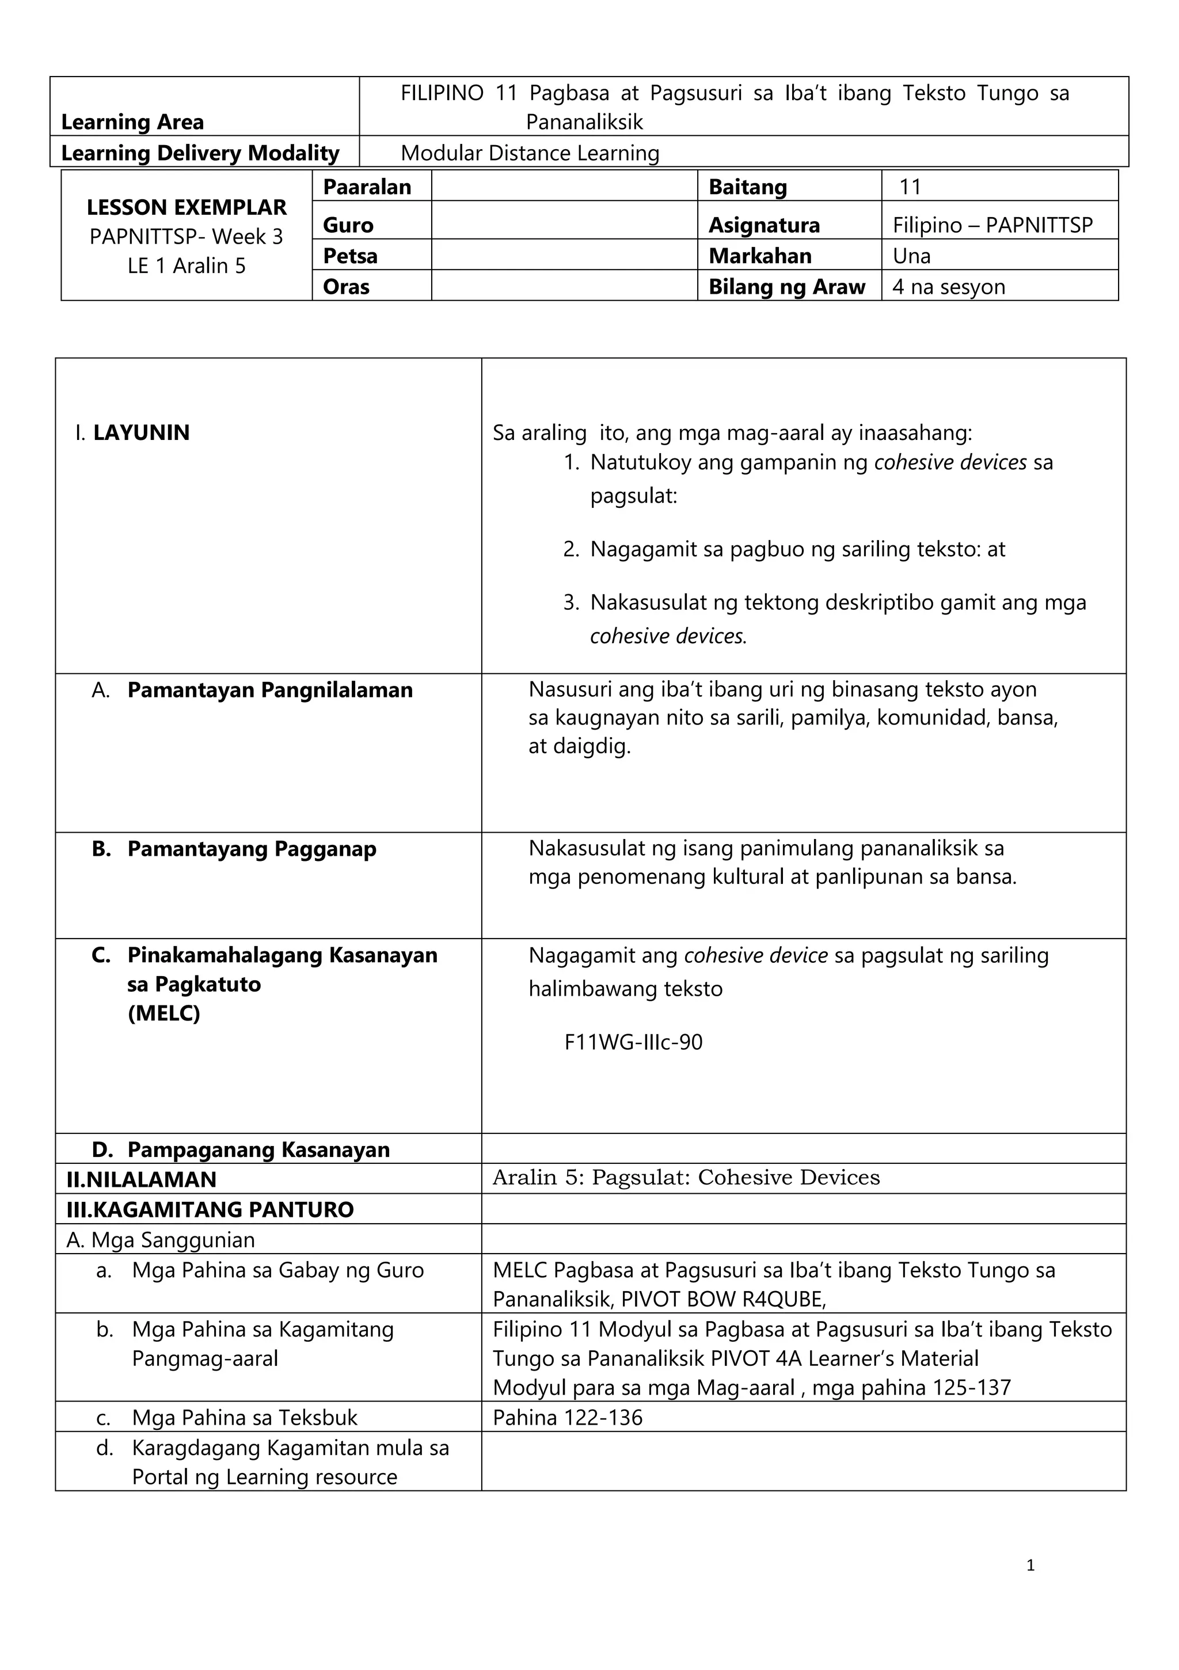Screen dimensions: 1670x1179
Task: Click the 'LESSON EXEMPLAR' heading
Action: pos(186,207)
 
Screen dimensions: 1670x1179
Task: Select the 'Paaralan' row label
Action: pos(367,187)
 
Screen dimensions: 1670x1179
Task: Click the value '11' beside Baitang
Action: pos(910,187)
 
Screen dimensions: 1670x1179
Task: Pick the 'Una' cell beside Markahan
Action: pos(911,256)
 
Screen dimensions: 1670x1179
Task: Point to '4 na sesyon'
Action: pos(948,287)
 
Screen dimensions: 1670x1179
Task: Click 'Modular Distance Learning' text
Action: pos(530,153)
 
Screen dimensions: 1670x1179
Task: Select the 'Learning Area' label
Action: pos(132,122)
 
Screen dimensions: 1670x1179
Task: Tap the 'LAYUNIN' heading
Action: pos(141,433)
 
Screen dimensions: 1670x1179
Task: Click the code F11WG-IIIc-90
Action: pos(633,1042)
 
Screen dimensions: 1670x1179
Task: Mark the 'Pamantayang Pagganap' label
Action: pos(252,849)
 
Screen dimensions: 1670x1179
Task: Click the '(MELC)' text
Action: pos(163,1013)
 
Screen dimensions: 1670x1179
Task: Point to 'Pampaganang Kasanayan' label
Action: pos(258,1149)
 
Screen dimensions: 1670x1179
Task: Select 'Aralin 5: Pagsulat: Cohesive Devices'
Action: pos(686,1178)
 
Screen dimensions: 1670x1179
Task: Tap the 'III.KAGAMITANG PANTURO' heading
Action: pos(210,1209)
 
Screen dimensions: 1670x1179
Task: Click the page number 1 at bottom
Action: pos(1030,1565)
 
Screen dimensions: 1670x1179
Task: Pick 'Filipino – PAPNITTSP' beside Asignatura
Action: pos(992,225)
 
